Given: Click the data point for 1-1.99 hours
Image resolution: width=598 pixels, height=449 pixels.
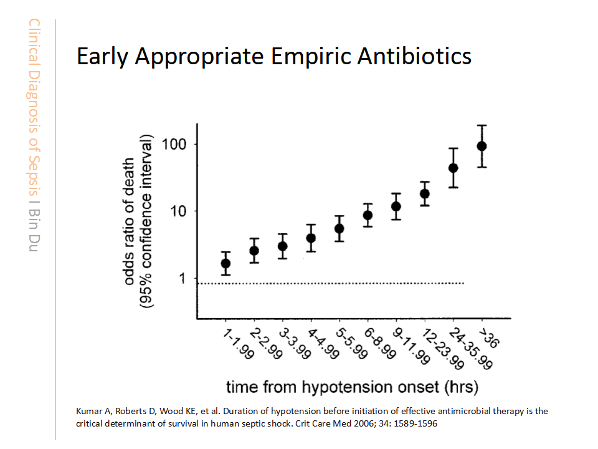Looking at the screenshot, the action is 225,263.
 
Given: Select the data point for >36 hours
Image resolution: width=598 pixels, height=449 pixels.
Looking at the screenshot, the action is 482,146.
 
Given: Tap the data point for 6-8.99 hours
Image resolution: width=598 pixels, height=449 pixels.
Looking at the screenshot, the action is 368,215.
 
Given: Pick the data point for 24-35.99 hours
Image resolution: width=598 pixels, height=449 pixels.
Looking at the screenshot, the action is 453,168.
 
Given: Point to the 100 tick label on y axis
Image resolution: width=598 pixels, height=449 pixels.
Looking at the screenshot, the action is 174,144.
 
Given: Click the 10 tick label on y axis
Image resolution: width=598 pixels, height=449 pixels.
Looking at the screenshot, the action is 178,211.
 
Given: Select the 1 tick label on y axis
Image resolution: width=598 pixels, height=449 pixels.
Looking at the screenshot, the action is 183,278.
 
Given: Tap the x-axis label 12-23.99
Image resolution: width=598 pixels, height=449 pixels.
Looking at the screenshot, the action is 443,349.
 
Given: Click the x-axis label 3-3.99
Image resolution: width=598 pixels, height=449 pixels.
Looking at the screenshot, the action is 295,344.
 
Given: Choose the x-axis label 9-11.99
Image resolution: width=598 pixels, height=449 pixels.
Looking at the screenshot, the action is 412,346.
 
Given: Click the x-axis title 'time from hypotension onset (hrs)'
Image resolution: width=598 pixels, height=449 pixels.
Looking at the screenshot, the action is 352,387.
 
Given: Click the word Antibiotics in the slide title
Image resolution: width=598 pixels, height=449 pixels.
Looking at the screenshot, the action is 414,56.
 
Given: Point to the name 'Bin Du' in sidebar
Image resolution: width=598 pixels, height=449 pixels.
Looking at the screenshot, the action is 34,230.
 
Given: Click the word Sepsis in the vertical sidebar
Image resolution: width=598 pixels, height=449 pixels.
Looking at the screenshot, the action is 34,175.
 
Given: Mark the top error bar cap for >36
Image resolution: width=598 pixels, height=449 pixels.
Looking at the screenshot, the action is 482,125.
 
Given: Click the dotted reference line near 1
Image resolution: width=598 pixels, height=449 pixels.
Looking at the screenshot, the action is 331,283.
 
